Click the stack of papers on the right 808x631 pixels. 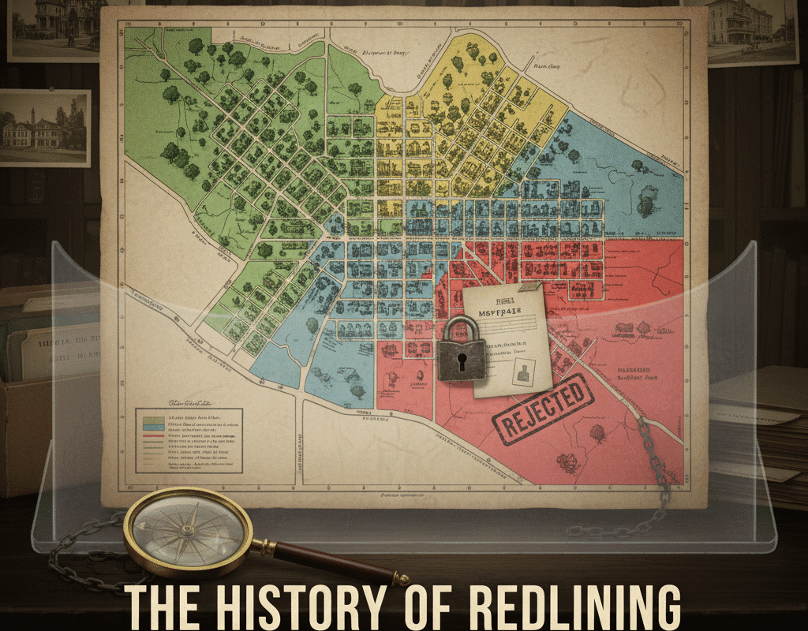click(761, 426)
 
